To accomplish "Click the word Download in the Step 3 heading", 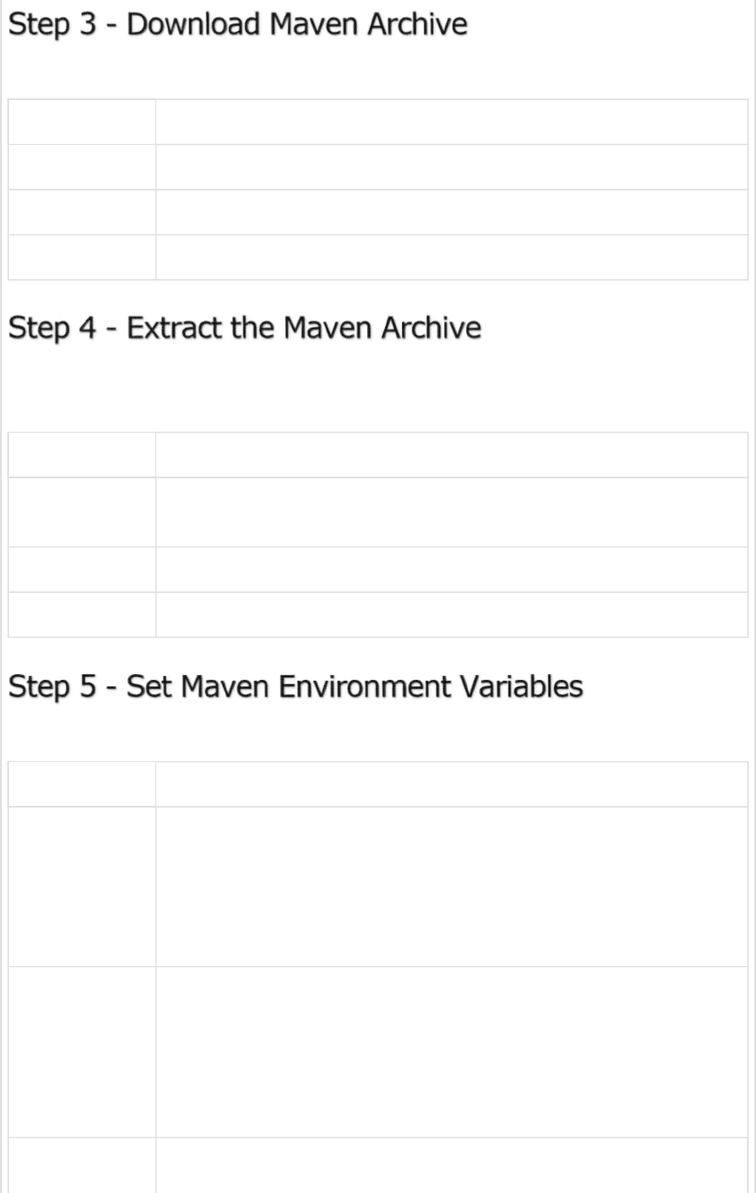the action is tap(193, 25).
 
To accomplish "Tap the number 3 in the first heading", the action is tap(87, 25).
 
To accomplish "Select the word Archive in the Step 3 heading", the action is tap(417, 25).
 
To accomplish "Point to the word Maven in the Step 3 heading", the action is tap(313, 25).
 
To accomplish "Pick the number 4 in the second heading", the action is tap(87, 329).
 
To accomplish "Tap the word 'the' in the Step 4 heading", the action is tap(252, 329).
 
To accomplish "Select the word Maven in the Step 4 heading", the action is tap(328, 329).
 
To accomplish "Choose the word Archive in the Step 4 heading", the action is tap(431, 329).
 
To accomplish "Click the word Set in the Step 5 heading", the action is tap(148, 687).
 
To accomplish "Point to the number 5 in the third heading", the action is tap(87, 687).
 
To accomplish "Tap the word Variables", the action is tap(521, 687).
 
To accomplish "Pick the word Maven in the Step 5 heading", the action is tap(225, 687).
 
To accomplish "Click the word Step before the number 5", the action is tap(38, 688).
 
